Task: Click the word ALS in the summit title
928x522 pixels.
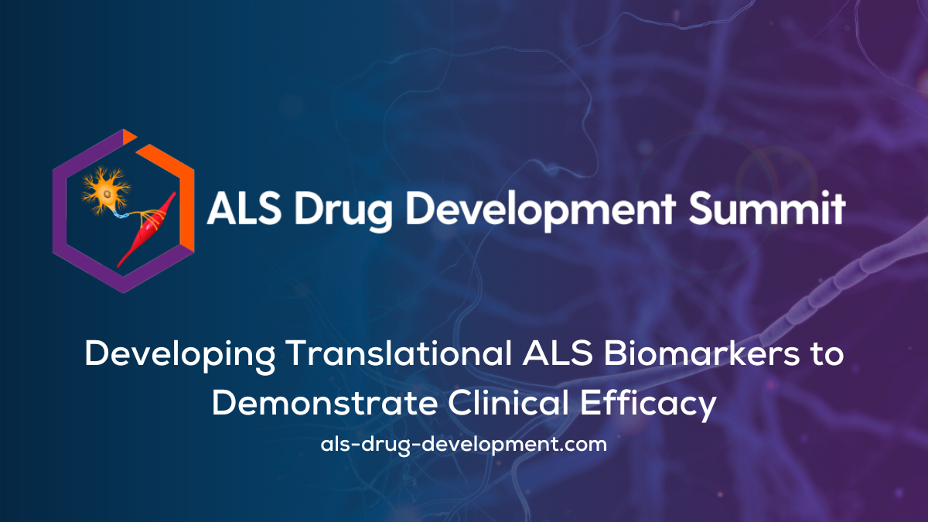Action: click(244, 209)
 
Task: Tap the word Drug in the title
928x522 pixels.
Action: click(343, 210)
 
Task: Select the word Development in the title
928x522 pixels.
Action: click(541, 210)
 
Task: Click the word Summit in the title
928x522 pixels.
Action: click(767, 208)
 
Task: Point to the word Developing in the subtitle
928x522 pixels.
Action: click(179, 356)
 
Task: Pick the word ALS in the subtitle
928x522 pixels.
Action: click(558, 353)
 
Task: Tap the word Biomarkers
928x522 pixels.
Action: click(701, 353)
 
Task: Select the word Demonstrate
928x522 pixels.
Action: click(325, 403)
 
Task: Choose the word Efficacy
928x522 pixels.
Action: click(648, 405)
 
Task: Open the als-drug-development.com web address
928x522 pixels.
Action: click(463, 445)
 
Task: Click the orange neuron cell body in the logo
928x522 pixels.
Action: click(107, 193)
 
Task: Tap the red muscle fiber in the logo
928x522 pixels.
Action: click(148, 230)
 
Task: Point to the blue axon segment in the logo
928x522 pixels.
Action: click(121, 215)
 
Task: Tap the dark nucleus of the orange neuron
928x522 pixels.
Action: click(107, 194)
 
